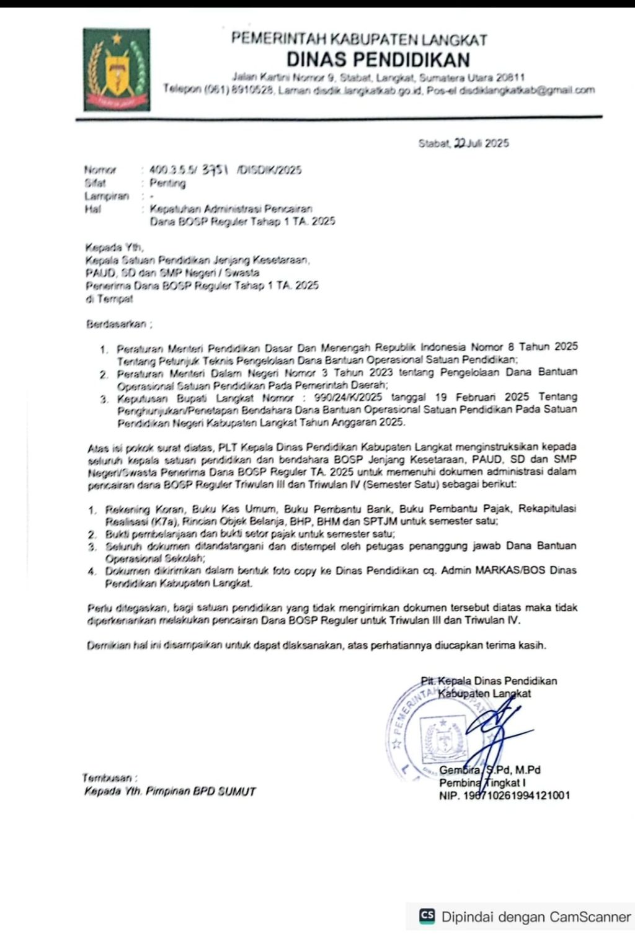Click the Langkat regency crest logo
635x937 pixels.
click(117, 69)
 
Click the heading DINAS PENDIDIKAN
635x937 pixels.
click(378, 60)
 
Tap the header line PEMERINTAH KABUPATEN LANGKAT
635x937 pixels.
click(358, 38)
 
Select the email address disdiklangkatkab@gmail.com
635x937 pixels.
click(527, 90)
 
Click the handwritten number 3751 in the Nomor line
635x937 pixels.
click(216, 169)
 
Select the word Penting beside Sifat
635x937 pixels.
click(167, 183)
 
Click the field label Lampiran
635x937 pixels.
click(107, 196)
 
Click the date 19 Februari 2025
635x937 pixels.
click(482, 397)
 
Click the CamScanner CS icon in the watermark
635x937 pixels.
click(427, 916)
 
